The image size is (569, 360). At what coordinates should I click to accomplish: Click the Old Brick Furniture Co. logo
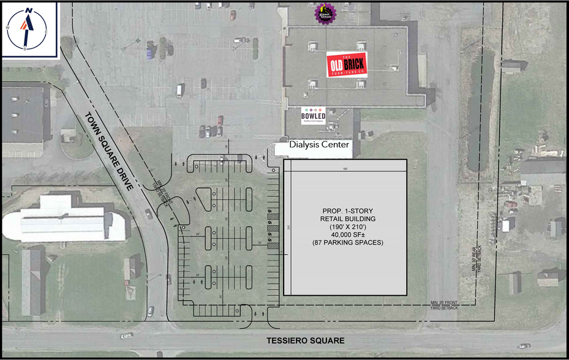[346, 64]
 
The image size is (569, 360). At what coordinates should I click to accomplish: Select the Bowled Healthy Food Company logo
[313, 116]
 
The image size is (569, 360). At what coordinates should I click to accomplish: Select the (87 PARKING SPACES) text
[344, 244]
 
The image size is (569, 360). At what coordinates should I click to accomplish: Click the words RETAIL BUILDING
[344, 219]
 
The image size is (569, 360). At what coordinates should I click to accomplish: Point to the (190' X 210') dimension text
[344, 227]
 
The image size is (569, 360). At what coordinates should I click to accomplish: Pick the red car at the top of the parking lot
[233, 15]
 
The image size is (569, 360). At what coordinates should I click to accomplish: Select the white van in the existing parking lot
[179, 91]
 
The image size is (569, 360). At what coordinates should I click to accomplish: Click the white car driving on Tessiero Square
[127, 336]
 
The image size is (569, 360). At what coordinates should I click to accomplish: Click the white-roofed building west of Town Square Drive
[67, 220]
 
